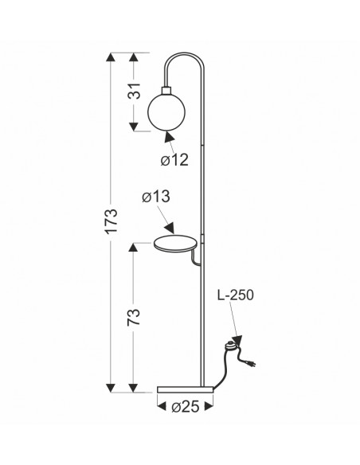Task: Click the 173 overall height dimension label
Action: click(x=112, y=221)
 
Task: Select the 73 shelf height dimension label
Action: click(x=134, y=318)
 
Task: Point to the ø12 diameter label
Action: click(x=174, y=160)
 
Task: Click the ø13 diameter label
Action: click(x=156, y=197)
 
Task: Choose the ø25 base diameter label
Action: click(x=186, y=407)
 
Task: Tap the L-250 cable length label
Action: click(x=236, y=295)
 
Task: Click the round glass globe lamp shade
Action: click(x=166, y=111)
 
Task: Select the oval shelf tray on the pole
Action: click(x=175, y=244)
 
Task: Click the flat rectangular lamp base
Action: click(x=186, y=389)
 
